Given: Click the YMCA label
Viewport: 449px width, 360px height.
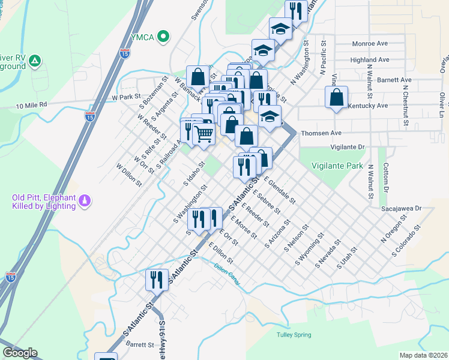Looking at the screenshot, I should point(143,37).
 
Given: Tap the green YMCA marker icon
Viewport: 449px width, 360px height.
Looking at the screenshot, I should point(161,37).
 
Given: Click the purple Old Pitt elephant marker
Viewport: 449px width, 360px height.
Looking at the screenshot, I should point(85,200).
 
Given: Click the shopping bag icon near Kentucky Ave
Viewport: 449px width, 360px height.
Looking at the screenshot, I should point(337,97).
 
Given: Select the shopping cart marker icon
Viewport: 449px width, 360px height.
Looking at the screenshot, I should point(204,134).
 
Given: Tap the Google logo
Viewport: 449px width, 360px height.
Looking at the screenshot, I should point(20,353).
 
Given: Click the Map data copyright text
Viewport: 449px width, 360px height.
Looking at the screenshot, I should point(423,355).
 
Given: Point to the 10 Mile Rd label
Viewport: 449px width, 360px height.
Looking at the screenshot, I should point(32,106).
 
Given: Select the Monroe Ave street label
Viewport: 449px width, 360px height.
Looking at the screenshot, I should point(370,44).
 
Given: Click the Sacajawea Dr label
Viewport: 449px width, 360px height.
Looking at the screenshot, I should point(402,209).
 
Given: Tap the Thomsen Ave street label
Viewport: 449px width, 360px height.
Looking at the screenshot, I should point(321,133).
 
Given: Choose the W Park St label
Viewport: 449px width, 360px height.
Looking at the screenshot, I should point(125,96).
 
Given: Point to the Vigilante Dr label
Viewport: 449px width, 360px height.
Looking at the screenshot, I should point(348,146).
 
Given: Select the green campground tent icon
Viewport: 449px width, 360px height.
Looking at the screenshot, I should point(35,60).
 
